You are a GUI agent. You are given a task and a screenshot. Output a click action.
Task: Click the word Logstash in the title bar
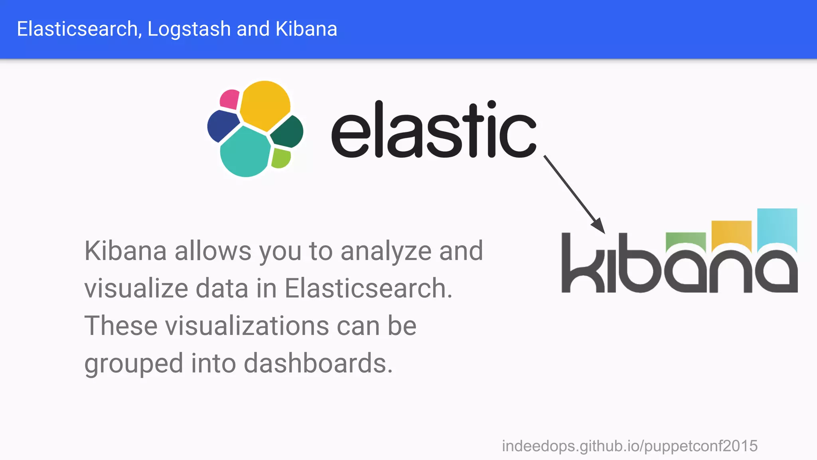click(x=189, y=29)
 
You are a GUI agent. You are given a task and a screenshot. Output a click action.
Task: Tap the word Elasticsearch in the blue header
click(x=78, y=29)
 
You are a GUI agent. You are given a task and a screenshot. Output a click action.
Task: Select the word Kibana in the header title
click(x=306, y=29)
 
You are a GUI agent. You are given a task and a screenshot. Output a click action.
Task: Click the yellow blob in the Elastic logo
click(x=264, y=105)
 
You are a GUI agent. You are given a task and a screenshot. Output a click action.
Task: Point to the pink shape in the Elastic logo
click(x=229, y=99)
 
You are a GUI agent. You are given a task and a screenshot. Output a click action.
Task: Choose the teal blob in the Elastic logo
click(x=244, y=152)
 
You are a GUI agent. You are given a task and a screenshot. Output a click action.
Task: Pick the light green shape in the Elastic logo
click(x=281, y=158)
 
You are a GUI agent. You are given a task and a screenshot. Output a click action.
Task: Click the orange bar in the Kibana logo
click(x=731, y=234)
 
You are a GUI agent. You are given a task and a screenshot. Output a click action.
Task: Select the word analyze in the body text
click(x=386, y=251)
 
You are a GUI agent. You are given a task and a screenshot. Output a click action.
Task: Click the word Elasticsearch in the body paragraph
click(x=368, y=288)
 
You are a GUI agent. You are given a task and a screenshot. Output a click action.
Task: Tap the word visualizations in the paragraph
click(x=247, y=326)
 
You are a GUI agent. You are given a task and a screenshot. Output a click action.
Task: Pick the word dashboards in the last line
click(x=318, y=363)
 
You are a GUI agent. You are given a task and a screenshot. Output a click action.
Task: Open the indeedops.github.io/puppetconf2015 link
click(x=630, y=446)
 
